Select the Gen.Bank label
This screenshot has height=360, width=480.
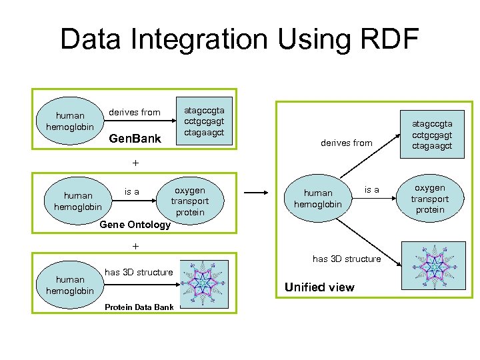(x=135, y=139)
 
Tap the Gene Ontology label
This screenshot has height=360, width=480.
(x=135, y=225)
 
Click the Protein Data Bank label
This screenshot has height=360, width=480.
(x=139, y=307)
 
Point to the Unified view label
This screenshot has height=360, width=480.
(x=319, y=287)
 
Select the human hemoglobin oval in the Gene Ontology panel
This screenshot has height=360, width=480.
(x=78, y=201)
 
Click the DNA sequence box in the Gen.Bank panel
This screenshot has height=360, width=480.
(x=205, y=121)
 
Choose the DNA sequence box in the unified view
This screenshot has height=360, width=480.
(x=431, y=135)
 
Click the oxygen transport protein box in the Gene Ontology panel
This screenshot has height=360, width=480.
(x=189, y=201)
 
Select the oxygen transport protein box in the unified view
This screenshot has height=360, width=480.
(x=429, y=199)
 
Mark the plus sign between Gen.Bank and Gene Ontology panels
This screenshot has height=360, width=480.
(x=136, y=163)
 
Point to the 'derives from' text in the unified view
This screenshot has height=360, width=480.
(x=346, y=143)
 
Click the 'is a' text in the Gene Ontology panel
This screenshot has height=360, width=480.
(x=132, y=192)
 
